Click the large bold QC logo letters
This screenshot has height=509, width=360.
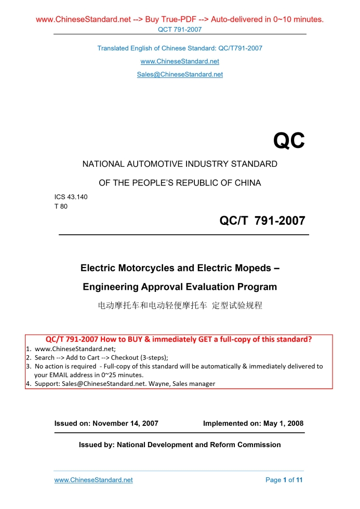click(x=289, y=141)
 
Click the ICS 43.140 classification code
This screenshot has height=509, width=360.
click(x=67, y=197)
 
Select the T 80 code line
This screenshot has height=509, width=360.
click(x=61, y=206)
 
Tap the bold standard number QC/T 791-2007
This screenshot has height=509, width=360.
click(x=262, y=221)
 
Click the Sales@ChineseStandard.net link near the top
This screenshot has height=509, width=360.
click(x=180, y=74)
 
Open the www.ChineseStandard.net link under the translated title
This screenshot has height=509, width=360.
click(x=180, y=61)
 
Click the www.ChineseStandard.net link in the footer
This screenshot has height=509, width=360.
click(x=94, y=480)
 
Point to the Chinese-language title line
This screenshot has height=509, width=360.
click(x=180, y=305)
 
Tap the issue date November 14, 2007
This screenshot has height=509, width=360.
click(x=125, y=423)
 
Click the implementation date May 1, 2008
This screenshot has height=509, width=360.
click(x=283, y=423)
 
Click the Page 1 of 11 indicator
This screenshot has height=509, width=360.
click(x=284, y=480)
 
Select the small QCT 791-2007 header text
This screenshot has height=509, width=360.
click(x=180, y=30)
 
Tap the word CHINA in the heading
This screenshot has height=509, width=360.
click(x=247, y=183)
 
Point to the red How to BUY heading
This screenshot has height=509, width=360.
click(x=179, y=340)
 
